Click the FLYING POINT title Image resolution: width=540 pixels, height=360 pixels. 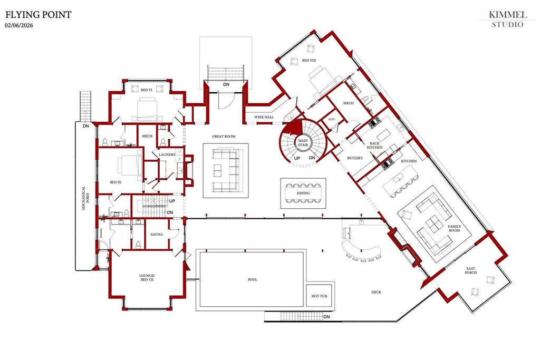point(38,14)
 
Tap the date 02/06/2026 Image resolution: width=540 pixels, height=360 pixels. point(19,25)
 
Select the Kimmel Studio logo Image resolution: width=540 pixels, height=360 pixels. point(508,20)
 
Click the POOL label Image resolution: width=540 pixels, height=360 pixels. point(253,279)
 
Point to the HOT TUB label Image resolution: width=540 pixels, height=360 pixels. point(319,296)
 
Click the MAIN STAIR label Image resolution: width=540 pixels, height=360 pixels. point(303,143)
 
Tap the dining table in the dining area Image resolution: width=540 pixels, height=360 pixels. point(303,193)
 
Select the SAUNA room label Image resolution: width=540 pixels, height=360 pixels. point(157,235)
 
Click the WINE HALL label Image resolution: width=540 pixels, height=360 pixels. point(264,117)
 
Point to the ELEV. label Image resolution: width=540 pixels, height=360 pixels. point(332,119)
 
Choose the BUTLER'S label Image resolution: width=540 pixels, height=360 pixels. point(355,158)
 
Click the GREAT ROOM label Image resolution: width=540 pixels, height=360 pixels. point(224,137)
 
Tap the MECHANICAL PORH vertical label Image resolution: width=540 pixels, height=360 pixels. point(85,198)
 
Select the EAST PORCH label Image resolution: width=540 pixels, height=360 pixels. point(470,270)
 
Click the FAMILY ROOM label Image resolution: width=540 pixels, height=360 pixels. point(454,228)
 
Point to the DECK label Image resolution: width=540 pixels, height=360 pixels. point(376,292)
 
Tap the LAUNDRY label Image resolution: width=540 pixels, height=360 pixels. point(167,154)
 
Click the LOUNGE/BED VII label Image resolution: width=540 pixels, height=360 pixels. point(147,277)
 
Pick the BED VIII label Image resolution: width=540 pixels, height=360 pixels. point(309,60)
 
